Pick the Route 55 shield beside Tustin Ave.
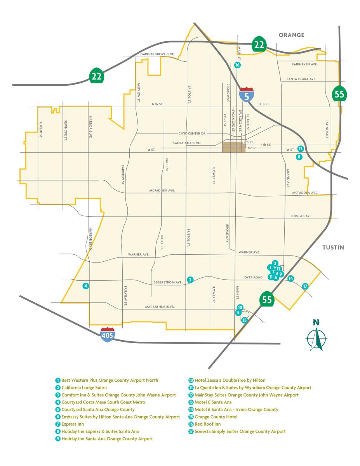click(339, 94)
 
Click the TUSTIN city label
click(332, 248)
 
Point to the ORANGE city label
click(291, 35)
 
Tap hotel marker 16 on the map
click(237, 65)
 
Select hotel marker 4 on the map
click(86, 286)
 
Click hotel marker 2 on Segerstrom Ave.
click(190, 280)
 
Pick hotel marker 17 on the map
click(305, 286)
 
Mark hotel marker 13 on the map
click(300, 148)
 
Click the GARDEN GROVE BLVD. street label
click(158, 54)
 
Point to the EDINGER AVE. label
click(301, 216)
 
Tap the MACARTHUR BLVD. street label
click(160, 306)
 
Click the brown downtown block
click(233, 147)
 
